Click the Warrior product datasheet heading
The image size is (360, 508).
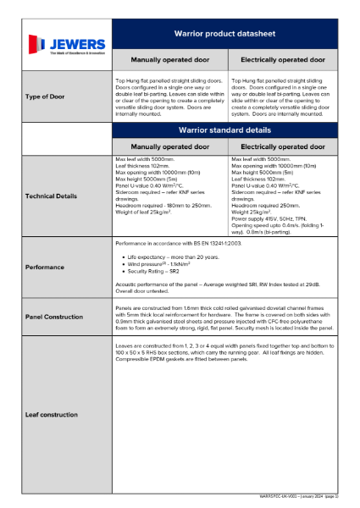coord(224,34)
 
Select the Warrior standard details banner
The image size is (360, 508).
coord(224,130)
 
